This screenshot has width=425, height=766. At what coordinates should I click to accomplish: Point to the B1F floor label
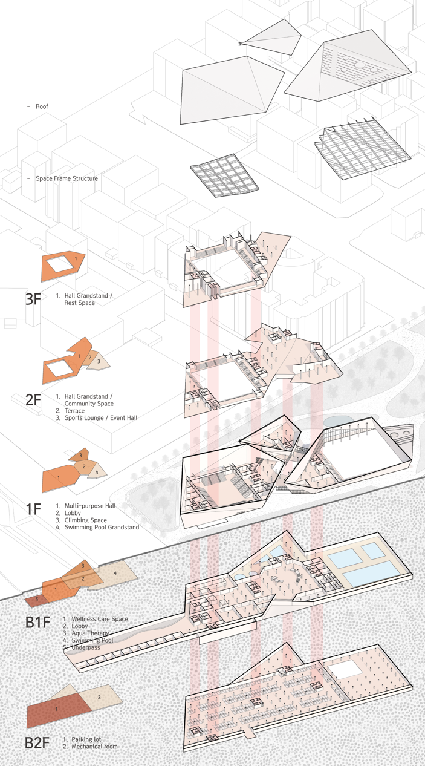point(37,622)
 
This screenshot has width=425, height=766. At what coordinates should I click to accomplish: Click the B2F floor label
point(37,743)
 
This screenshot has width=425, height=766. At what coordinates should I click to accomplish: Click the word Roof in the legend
point(42,106)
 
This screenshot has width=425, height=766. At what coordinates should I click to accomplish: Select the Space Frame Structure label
point(67,178)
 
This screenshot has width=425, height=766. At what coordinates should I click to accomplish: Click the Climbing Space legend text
point(85,520)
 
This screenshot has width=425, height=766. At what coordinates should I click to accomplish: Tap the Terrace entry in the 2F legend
point(74,411)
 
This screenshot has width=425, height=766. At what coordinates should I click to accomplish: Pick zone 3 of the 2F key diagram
point(99,361)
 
